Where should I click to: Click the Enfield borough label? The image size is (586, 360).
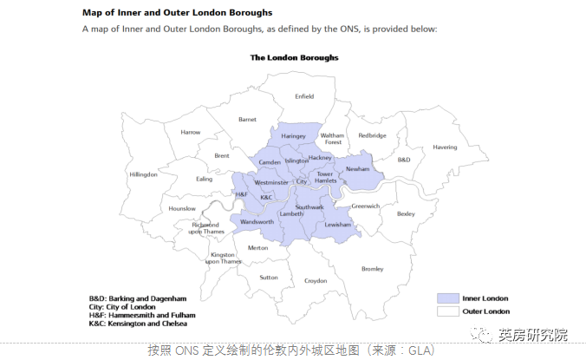tap(304, 96)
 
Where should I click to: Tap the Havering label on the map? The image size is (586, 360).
tap(445, 147)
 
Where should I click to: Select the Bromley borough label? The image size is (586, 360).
tap(372, 268)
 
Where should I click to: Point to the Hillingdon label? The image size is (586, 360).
tap(144, 174)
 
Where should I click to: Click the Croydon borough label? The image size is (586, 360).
tap(316, 280)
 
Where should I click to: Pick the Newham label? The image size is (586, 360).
tap(357, 169)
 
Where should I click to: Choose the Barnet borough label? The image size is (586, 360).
tap(248, 119)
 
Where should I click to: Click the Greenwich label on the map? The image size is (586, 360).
tap(366, 206)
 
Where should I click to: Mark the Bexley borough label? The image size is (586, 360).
tap(406, 213)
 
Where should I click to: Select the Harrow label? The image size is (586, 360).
tap(191, 132)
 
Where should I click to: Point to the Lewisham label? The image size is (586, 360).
tap(337, 224)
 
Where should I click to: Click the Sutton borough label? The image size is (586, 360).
tap(269, 278)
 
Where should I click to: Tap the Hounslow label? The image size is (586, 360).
tap(182, 208)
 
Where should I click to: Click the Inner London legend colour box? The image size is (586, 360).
tap(447, 298)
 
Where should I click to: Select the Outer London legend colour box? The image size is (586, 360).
tap(447, 311)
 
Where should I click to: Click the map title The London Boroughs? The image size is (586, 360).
tap(294, 57)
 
